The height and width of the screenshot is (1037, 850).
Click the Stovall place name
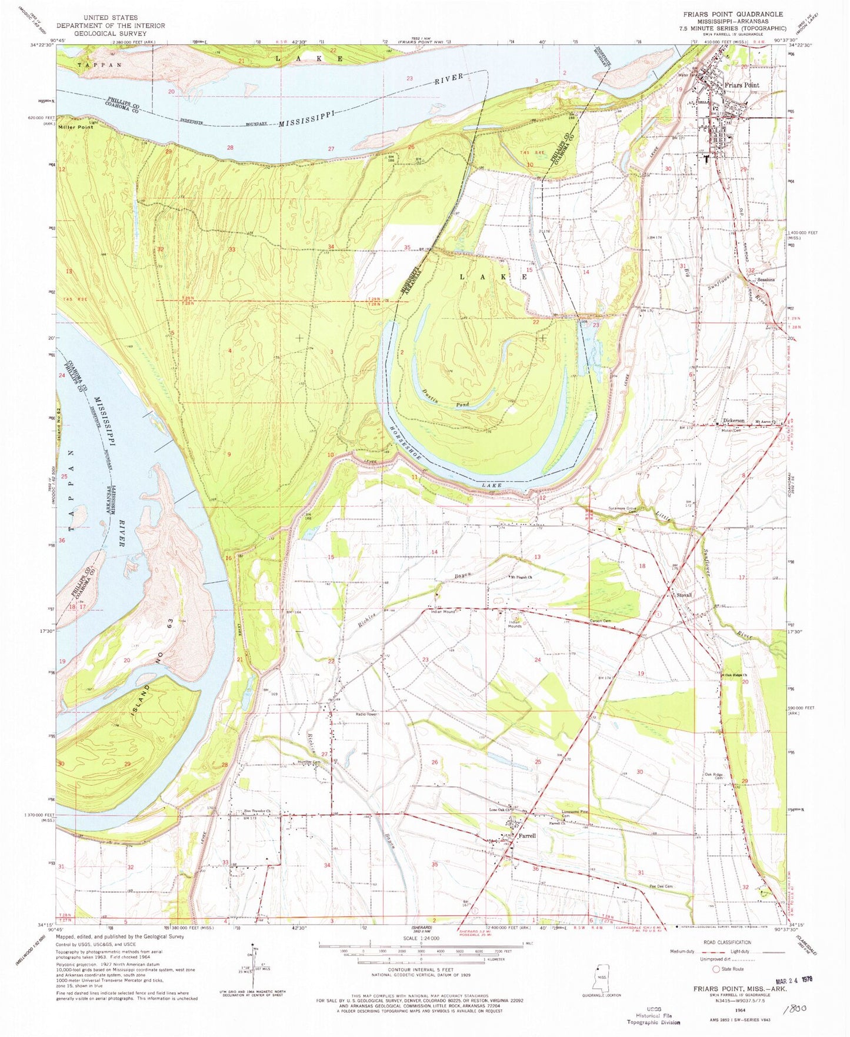(x=684, y=595)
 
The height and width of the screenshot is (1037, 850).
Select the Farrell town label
(x=526, y=835)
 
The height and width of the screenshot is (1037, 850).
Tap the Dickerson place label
(x=734, y=421)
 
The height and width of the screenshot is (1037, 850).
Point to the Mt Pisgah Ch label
(x=521, y=578)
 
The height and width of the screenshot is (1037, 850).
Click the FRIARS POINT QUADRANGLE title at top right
(x=732, y=14)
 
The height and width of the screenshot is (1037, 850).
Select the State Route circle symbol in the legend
(x=716, y=969)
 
